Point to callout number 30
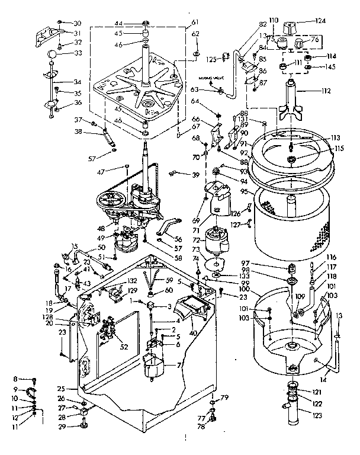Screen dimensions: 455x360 (x=77, y=23)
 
